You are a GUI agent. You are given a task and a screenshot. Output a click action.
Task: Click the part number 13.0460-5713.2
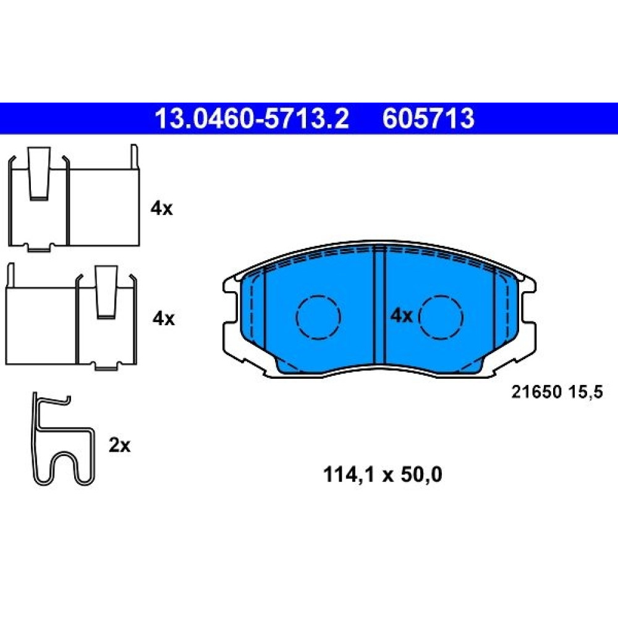pyautogui.click(x=252, y=119)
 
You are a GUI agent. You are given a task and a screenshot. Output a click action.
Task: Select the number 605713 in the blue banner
pyautogui.click(x=428, y=119)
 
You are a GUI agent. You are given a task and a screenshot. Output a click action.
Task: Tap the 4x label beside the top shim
pyautogui.click(x=161, y=208)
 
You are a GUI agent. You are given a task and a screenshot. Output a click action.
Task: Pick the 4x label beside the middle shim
pyautogui.click(x=164, y=318)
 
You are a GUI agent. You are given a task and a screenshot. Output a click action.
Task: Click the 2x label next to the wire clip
pyautogui.click(x=119, y=446)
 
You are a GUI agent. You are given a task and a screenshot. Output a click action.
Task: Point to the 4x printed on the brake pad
pyautogui.click(x=401, y=316)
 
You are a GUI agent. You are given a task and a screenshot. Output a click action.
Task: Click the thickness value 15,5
pyautogui.click(x=586, y=392)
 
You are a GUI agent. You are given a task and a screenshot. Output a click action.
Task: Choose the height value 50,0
pyautogui.click(x=421, y=475)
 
